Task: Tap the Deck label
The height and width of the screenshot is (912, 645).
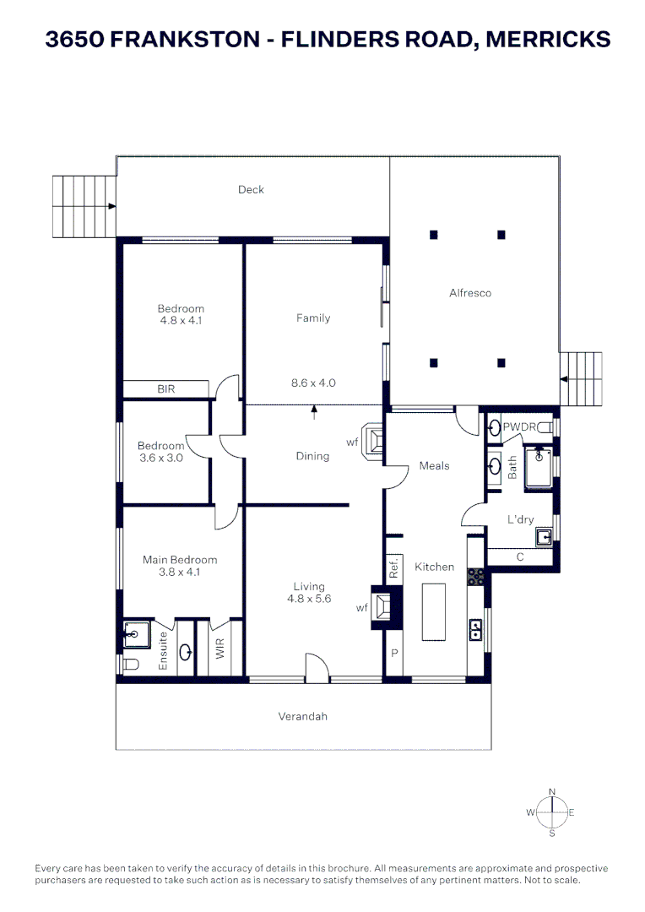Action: pyautogui.click(x=251, y=190)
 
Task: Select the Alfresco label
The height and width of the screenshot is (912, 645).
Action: pyautogui.click(x=470, y=293)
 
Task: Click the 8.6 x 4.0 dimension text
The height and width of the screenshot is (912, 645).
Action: pyautogui.click(x=313, y=383)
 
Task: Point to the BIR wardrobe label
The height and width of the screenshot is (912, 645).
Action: pyautogui.click(x=166, y=389)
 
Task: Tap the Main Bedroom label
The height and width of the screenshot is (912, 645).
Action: pyautogui.click(x=181, y=560)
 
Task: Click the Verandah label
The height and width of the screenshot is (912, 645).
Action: pyautogui.click(x=302, y=717)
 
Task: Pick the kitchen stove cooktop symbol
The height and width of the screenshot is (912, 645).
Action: pyautogui.click(x=475, y=577)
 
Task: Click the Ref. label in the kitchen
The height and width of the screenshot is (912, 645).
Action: pyautogui.click(x=393, y=569)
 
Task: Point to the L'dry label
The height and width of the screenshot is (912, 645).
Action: pyautogui.click(x=520, y=519)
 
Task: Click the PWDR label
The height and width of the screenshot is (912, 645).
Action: pyautogui.click(x=519, y=427)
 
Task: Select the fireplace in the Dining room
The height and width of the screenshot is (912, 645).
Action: pyautogui.click(x=375, y=442)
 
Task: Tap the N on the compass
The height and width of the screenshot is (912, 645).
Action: pyautogui.click(x=552, y=791)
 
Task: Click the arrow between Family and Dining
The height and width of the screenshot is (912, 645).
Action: pyautogui.click(x=315, y=411)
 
